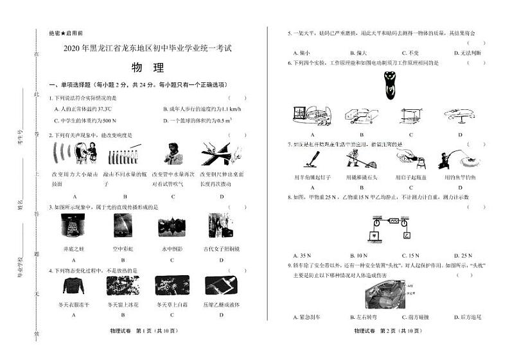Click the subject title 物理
(147, 67)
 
